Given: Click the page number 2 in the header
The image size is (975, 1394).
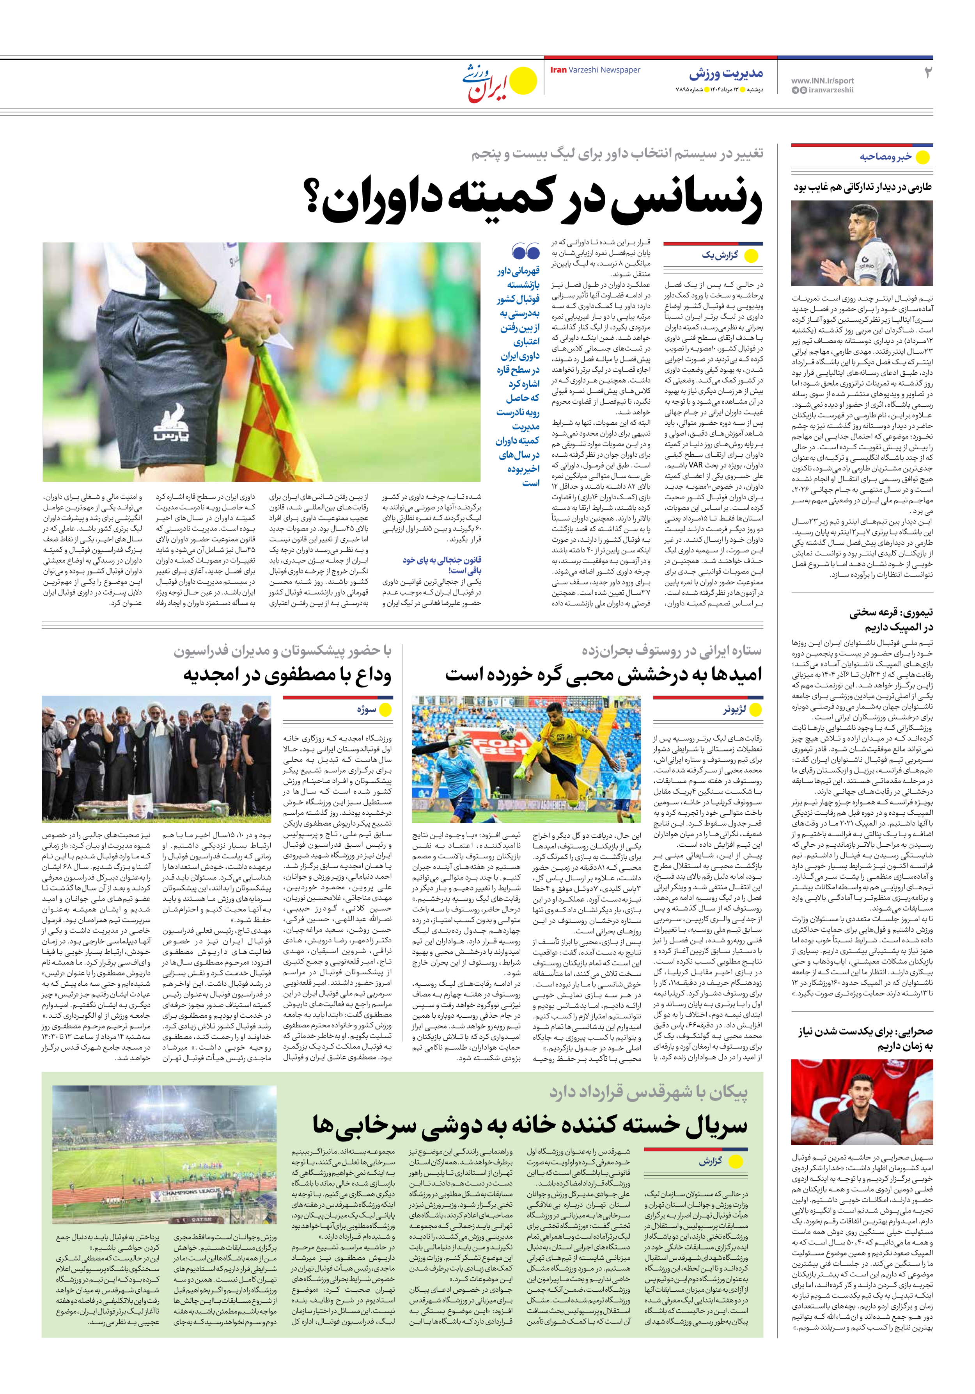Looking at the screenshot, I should (x=927, y=73).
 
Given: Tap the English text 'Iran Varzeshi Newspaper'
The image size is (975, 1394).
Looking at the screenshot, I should (x=595, y=70).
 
